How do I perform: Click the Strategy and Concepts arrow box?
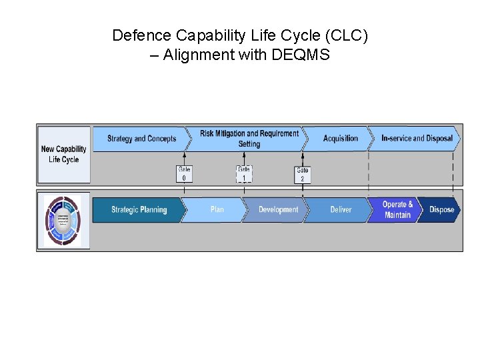coord(141,139)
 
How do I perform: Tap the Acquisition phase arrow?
coord(340,139)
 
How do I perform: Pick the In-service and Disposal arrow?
coord(416,139)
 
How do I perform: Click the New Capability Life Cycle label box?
coord(64,155)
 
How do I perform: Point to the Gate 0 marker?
coord(185,174)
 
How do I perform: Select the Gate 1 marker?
coord(244,174)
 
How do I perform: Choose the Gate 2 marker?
coord(303,175)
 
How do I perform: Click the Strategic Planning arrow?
coord(138,210)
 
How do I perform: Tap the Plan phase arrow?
coord(217,210)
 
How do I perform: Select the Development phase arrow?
coord(278,210)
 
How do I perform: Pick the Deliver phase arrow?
coord(341,210)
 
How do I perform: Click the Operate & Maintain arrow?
coord(398,210)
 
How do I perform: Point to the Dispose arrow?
coord(441,210)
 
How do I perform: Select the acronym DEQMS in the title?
coord(301,55)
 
